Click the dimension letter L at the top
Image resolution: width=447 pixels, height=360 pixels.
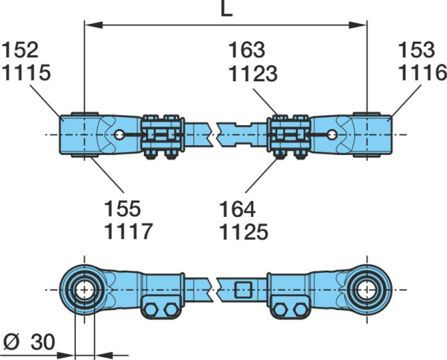227,8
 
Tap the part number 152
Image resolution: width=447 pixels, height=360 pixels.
20,50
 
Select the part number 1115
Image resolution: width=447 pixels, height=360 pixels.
26,72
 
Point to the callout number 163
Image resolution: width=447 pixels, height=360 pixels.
247,50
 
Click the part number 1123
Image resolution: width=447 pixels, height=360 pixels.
253,74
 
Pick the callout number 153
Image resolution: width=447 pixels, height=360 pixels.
416,50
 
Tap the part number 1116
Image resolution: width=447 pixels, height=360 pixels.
422,72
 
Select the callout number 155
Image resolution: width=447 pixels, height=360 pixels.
123,209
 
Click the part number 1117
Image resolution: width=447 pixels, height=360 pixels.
129,231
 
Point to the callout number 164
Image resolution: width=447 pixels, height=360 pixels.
238,209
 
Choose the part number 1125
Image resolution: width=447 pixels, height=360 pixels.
244,232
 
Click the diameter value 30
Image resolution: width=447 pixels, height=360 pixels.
42,342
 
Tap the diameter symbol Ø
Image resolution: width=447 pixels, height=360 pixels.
12,342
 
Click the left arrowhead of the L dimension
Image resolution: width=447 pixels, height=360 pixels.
94,25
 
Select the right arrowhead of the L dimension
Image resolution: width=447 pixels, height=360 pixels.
358,25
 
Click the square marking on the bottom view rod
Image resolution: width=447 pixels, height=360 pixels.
244,290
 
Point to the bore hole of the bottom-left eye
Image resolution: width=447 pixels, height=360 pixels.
84,290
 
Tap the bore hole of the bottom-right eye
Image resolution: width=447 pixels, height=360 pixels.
367,290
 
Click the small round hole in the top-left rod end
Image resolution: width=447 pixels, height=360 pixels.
119,135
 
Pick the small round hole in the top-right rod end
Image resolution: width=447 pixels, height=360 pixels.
332,135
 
